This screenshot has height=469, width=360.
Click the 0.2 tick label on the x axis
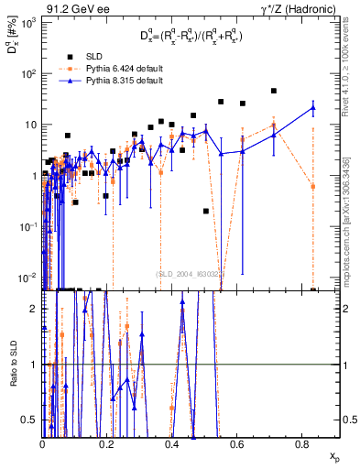(x=107, y=444)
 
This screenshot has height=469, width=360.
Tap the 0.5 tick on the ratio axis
(x=32, y=420)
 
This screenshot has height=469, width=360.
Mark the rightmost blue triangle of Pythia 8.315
(x=313, y=108)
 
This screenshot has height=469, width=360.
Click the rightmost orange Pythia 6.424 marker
(x=313, y=186)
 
